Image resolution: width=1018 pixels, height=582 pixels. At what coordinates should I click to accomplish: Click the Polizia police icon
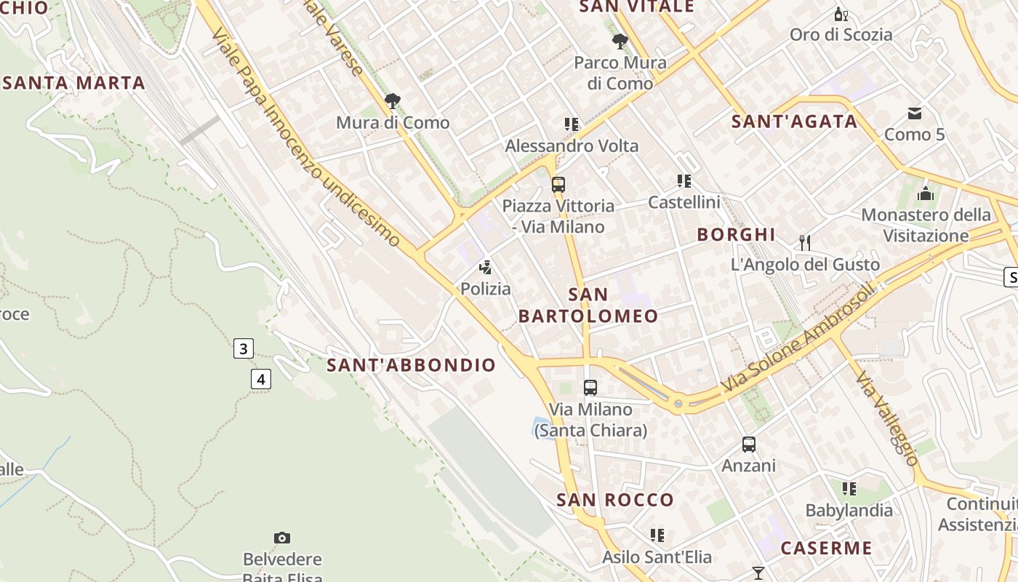[x=486, y=268]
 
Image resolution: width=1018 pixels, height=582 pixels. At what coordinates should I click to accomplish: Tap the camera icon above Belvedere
[x=282, y=538]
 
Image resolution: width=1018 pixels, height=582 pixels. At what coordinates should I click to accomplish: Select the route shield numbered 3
[x=244, y=348]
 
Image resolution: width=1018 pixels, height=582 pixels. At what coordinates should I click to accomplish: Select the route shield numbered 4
[x=261, y=379]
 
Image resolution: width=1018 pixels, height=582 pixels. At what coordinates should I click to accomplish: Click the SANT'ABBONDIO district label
[x=412, y=365]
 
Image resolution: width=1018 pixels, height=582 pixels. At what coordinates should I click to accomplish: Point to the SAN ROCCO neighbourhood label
[x=615, y=500]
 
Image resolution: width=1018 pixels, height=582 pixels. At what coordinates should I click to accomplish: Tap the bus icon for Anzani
[x=748, y=444]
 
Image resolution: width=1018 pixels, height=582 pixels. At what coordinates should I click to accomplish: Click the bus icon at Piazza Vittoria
[x=558, y=185]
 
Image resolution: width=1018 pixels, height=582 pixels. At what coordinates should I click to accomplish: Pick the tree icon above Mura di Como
[x=393, y=100]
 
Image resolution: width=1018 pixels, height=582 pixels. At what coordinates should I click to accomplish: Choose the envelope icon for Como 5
[x=914, y=113]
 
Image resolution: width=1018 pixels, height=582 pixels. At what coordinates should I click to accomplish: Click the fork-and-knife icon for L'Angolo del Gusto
[x=805, y=243]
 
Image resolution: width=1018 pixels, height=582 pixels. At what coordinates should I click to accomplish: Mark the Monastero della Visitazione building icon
[x=926, y=194]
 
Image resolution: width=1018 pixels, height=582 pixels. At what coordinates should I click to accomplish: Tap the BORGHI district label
[x=736, y=234]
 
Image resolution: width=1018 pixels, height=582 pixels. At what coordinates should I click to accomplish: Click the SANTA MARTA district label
[x=74, y=83]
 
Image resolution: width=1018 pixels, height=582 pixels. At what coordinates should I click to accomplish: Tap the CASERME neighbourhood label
[x=826, y=548]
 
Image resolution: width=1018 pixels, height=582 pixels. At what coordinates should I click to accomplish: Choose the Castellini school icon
[x=684, y=181]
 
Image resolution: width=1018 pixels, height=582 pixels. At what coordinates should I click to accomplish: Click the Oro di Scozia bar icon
[x=841, y=14]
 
